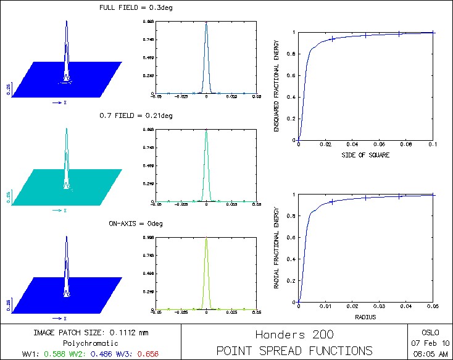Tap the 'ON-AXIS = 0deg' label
click(127, 222)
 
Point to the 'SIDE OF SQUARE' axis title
click(365, 155)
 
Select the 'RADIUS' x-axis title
click(365, 317)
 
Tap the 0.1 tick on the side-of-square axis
click(432, 144)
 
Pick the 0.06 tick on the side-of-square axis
click(378, 144)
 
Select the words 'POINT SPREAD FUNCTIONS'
click(294, 351)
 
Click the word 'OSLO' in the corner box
click(430, 331)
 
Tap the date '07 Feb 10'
click(430, 342)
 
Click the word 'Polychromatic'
click(91, 343)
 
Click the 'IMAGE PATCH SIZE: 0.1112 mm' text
click(91, 332)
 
